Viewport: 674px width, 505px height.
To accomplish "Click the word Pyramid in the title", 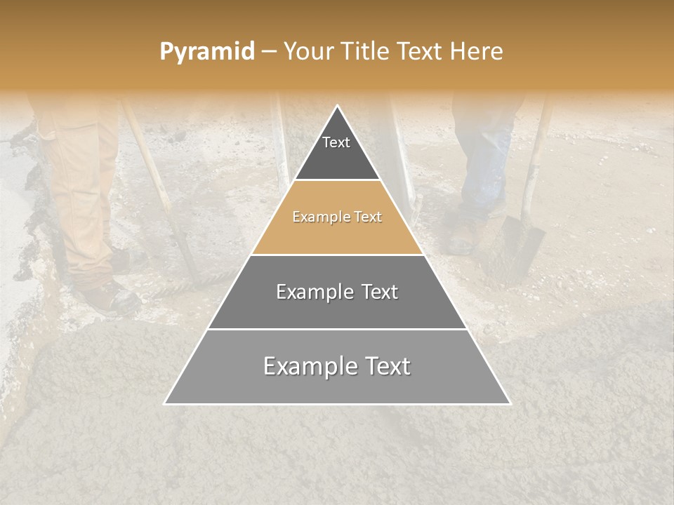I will [206, 51].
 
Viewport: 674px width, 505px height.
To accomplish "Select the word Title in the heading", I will [365, 51].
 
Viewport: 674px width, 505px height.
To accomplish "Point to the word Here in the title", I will [477, 51].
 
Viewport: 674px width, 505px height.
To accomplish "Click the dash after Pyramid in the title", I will [268, 52].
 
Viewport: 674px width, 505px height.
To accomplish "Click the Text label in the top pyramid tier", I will [336, 142].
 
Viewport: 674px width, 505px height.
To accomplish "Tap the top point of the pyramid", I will [338, 107].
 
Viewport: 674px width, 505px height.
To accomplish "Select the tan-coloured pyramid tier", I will [337, 231].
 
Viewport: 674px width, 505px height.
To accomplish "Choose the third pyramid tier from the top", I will [337, 302].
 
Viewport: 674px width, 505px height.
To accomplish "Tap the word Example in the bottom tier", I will [306, 366].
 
